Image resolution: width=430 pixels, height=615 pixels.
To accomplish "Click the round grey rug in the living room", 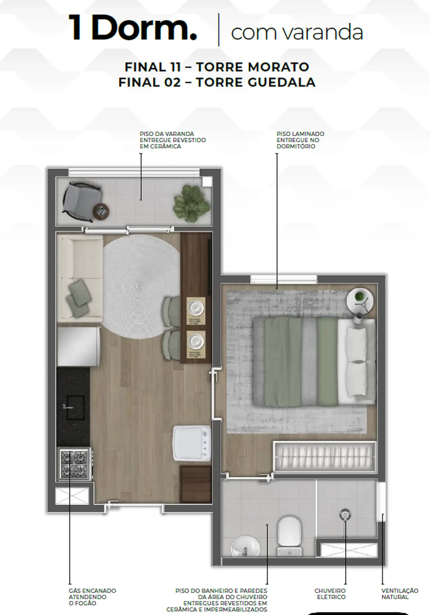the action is click(x=142, y=287).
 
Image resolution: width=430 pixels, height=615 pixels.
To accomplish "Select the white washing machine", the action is click(x=192, y=443).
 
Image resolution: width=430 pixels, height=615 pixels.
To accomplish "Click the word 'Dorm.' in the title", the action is click(x=145, y=28).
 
